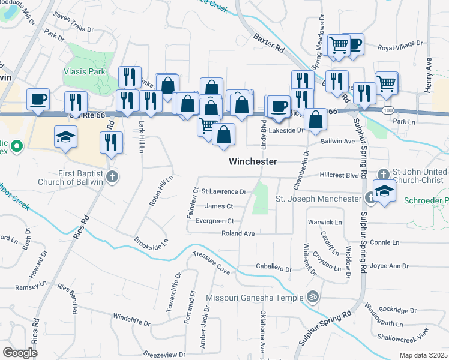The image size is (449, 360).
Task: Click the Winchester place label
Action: point(253,161)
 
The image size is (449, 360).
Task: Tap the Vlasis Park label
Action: point(84,71)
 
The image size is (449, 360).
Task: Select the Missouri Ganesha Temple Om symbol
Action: point(311,296)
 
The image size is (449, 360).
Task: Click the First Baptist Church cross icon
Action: point(113,176)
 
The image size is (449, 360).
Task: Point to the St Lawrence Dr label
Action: point(224,192)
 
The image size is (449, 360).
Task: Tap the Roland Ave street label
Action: point(238,233)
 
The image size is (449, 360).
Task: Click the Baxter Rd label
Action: point(268,44)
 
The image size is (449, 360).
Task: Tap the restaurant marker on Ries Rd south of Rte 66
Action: point(112,142)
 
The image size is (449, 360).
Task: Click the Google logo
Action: point(20,353)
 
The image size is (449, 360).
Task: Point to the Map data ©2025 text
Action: point(423,355)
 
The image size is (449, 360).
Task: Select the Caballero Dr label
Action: point(274,269)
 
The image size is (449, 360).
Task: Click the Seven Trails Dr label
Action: point(74,29)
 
